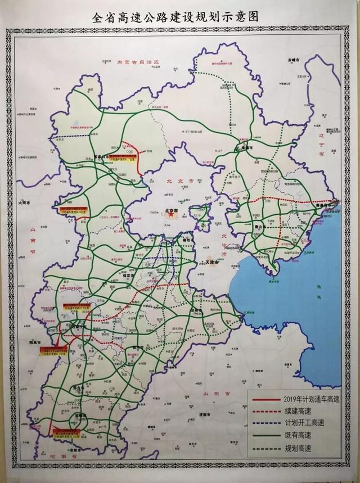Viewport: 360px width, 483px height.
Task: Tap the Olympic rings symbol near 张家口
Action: click(x=130, y=151)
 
